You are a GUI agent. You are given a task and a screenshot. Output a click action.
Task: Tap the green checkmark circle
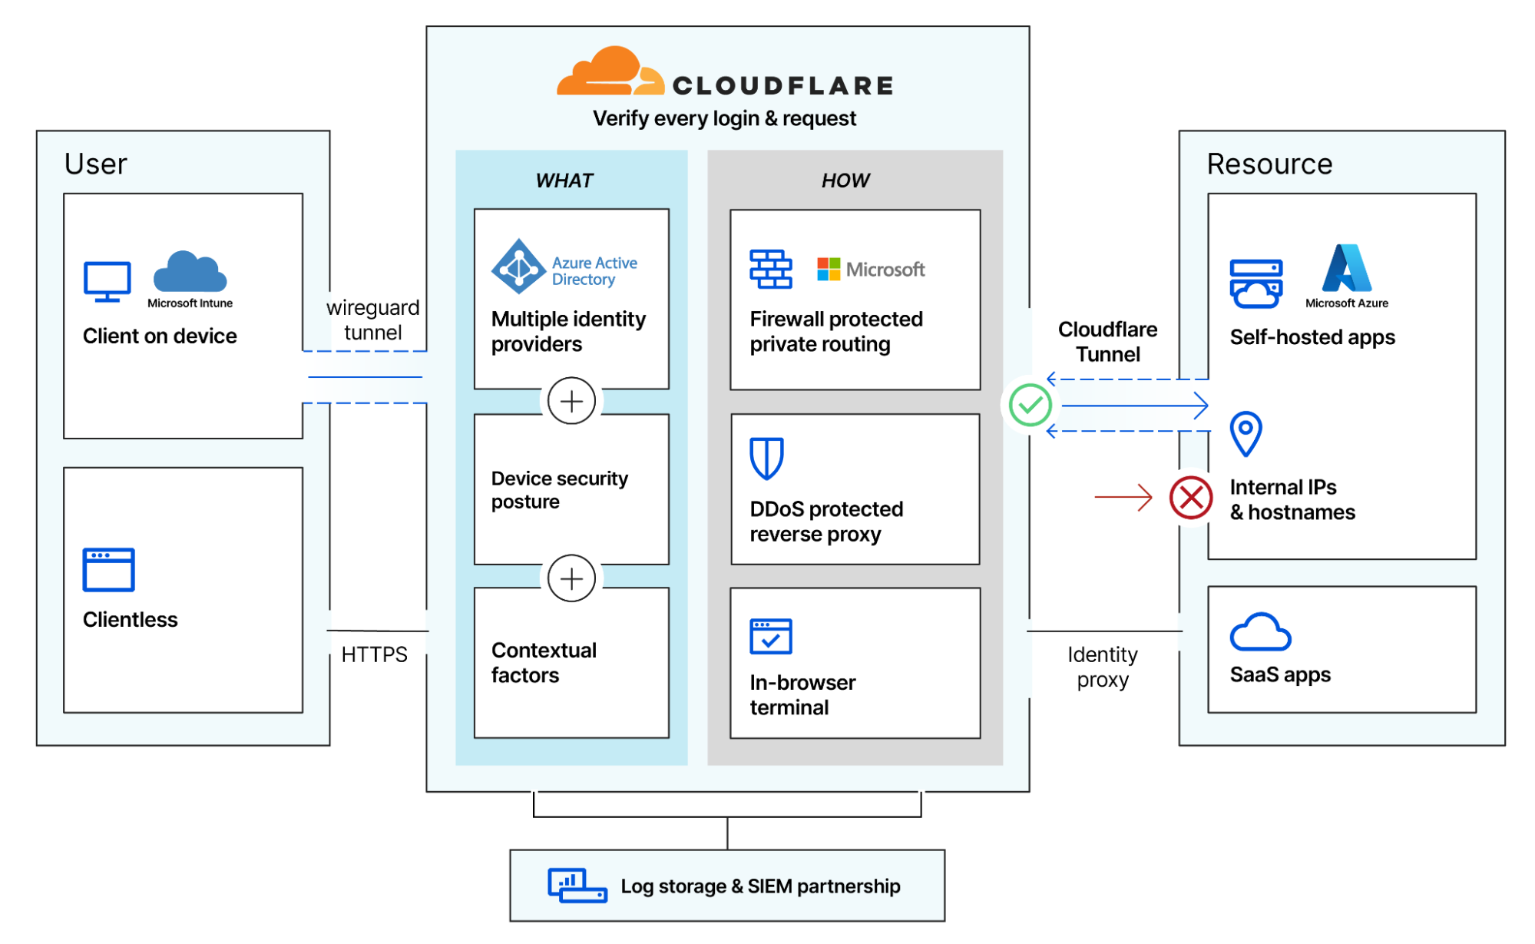click(x=1030, y=405)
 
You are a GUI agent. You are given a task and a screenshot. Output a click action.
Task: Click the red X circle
click(x=1190, y=498)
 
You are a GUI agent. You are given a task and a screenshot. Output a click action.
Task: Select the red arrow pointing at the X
click(x=1123, y=497)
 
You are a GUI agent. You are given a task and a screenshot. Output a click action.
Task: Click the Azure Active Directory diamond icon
click(x=519, y=267)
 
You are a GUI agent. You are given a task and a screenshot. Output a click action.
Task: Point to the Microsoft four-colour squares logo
click(x=829, y=269)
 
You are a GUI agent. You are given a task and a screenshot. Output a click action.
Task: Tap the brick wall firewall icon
click(x=770, y=269)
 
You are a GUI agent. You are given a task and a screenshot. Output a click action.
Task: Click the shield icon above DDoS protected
click(x=766, y=458)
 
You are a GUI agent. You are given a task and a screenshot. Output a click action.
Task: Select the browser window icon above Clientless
click(x=108, y=569)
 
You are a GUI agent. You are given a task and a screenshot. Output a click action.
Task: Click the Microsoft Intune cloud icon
click(x=190, y=271)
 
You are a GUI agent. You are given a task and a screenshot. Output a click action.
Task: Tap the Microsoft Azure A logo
click(x=1346, y=268)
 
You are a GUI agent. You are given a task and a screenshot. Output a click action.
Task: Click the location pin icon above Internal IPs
click(x=1245, y=433)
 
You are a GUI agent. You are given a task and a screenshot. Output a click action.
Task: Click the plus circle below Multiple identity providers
click(x=571, y=401)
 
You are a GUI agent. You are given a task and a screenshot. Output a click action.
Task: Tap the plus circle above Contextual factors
click(x=571, y=578)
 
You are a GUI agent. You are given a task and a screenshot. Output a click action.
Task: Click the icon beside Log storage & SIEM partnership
click(x=577, y=886)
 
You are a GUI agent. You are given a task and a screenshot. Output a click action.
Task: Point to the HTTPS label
click(x=374, y=654)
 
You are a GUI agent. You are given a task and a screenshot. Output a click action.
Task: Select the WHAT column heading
click(x=564, y=181)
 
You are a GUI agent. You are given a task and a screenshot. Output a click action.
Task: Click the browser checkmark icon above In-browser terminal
click(x=770, y=636)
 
